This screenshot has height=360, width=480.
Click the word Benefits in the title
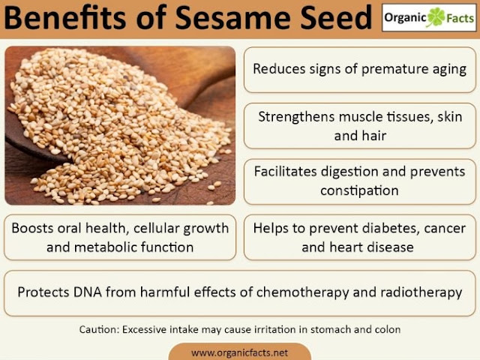(x=64, y=17)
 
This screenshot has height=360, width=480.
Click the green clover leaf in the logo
(x=436, y=17)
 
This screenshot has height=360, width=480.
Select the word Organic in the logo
(x=405, y=18)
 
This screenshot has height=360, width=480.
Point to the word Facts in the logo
(x=460, y=18)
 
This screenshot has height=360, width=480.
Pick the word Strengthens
(x=296, y=118)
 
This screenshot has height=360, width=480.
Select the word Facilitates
(x=285, y=172)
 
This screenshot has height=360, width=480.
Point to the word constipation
(x=359, y=191)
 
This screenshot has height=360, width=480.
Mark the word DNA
(x=87, y=292)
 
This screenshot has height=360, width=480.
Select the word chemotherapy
(x=303, y=292)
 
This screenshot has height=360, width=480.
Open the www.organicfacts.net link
(x=239, y=352)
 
